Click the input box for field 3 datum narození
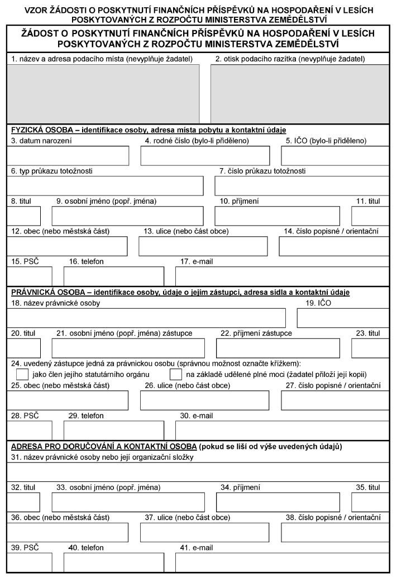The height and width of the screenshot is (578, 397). (x=68, y=156)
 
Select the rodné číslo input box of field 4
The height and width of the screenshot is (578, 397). (x=205, y=156)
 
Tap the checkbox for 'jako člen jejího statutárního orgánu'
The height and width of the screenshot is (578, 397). (x=23, y=374)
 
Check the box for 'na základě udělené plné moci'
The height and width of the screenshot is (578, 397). (x=176, y=374)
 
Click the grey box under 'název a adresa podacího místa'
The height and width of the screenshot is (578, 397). (x=103, y=93)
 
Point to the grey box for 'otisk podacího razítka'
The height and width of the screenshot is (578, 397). (x=300, y=93)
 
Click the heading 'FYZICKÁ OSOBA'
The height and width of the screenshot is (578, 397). (x=41, y=130)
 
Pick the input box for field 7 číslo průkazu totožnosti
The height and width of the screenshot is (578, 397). (x=302, y=185)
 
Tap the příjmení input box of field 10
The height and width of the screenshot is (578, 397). (x=277, y=216)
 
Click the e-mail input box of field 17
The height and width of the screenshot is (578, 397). (x=282, y=276)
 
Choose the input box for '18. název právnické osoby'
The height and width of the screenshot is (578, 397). (x=146, y=317)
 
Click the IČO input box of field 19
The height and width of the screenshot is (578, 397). (x=343, y=317)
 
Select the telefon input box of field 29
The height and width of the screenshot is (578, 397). (x=113, y=431)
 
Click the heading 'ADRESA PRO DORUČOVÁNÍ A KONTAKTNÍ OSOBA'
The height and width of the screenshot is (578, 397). (x=103, y=447)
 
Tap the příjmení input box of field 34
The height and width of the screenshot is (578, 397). (x=278, y=502)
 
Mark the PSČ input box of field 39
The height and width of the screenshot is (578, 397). (x=30, y=562)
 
